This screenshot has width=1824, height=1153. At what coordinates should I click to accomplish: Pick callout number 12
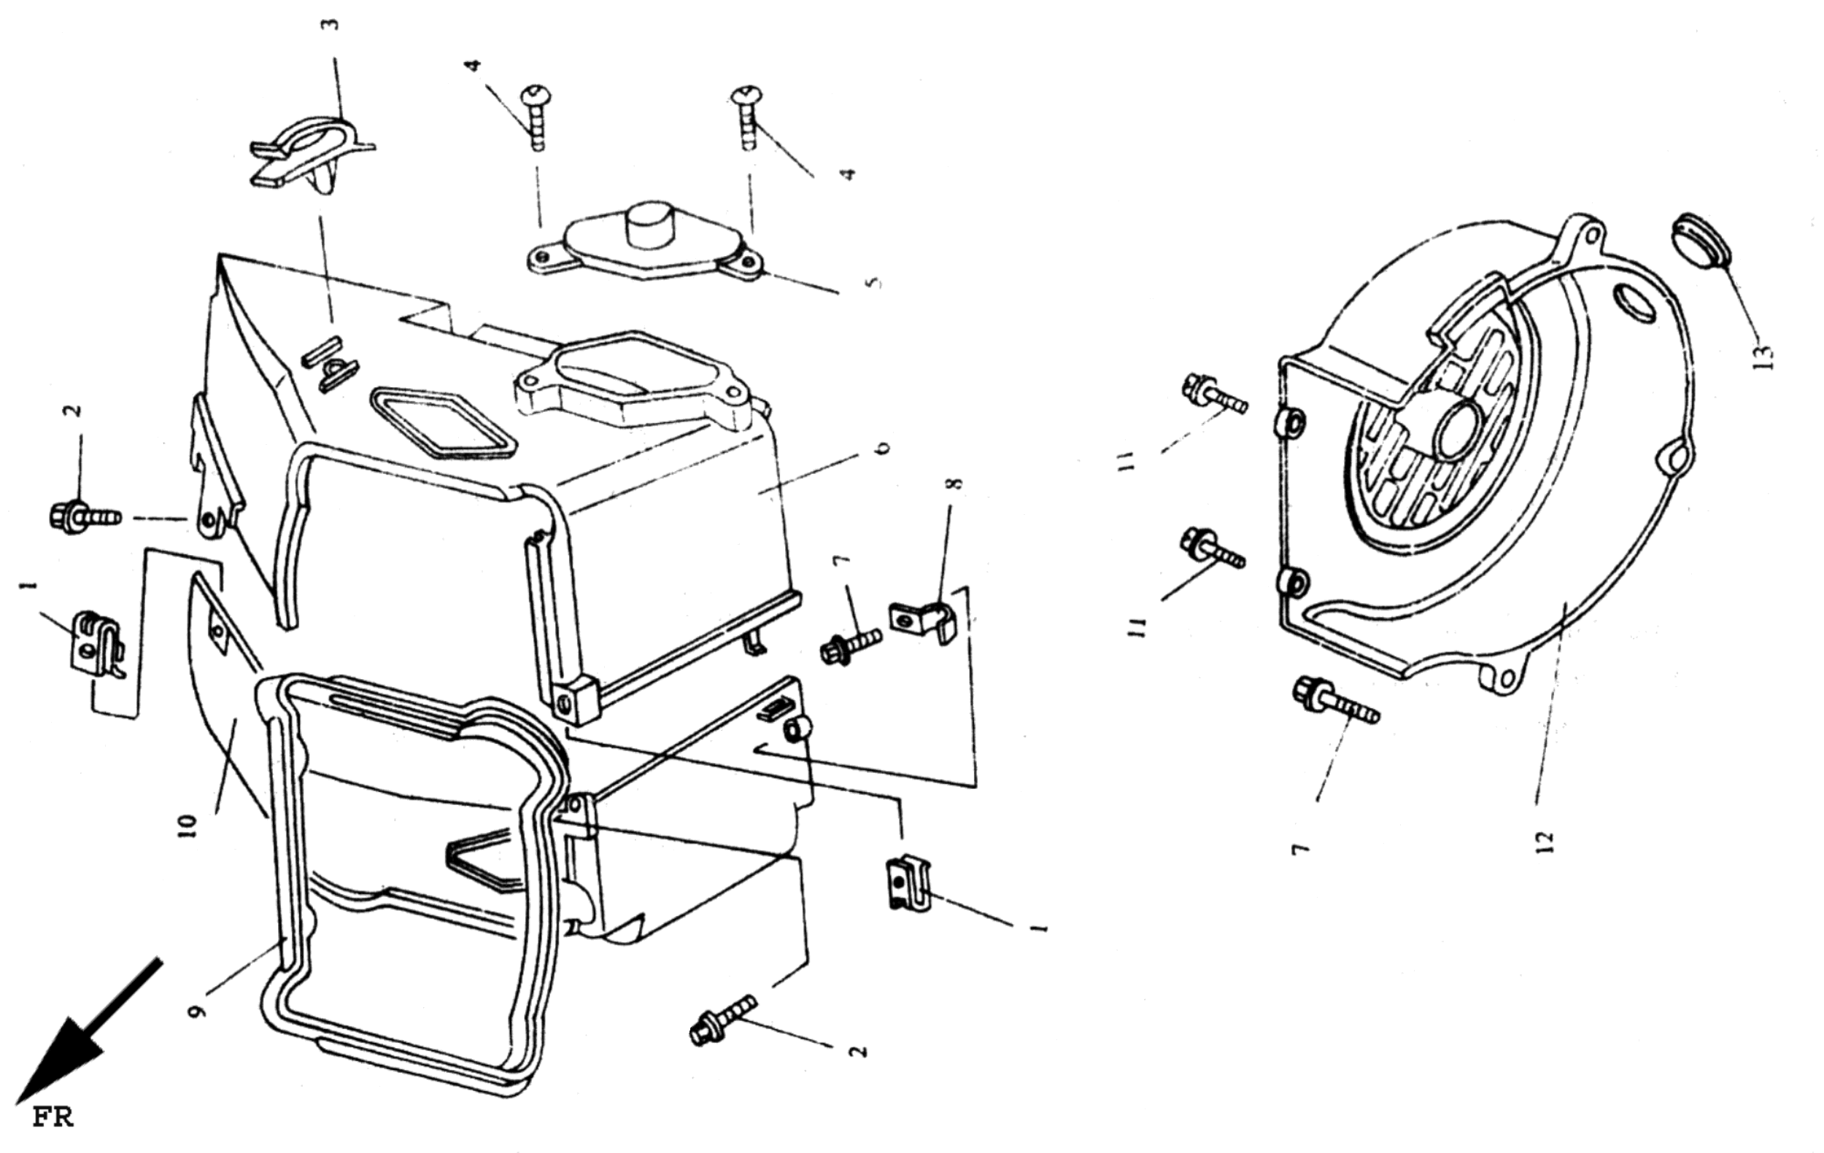coord(1545,840)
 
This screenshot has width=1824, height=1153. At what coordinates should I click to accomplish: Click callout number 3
coord(331,24)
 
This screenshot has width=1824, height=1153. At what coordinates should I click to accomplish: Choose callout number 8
coord(956,482)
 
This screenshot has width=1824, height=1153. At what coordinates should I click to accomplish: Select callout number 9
coord(198,1010)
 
